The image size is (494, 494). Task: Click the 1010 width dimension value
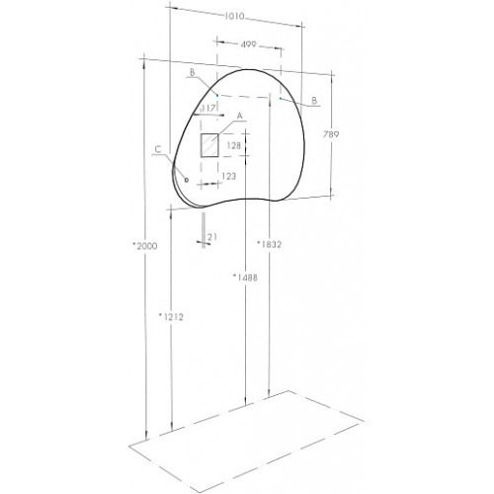coord(234,16)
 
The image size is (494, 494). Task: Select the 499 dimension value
coord(248,44)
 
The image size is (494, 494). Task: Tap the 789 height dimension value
coord(331,134)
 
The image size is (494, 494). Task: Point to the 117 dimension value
coord(208,108)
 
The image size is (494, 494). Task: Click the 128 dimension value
coord(234,145)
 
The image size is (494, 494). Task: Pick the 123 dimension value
coord(228,176)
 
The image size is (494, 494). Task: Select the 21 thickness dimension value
coord(212,237)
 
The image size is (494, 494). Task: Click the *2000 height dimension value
coord(144,246)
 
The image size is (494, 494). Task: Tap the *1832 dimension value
coord(270,244)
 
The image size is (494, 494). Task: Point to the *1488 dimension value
coord(245,278)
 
